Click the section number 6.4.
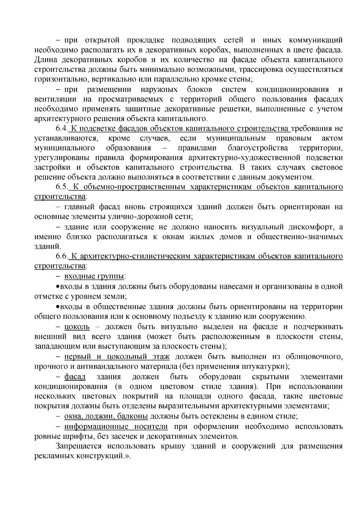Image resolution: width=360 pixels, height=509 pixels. click(x=62, y=129)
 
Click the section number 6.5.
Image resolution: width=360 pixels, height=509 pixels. click(x=62, y=187)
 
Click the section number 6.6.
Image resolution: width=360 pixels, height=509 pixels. click(x=62, y=256)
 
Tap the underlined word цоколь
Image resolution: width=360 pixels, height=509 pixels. click(x=77, y=327)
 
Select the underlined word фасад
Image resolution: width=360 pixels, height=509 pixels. click(x=75, y=377)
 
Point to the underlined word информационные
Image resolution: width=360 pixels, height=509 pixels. click(x=94, y=426)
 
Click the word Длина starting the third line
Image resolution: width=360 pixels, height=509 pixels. click(x=45, y=60)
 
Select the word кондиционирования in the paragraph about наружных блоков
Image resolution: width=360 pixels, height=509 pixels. click(x=292, y=89)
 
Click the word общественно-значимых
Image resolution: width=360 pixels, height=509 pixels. click(x=300, y=237)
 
